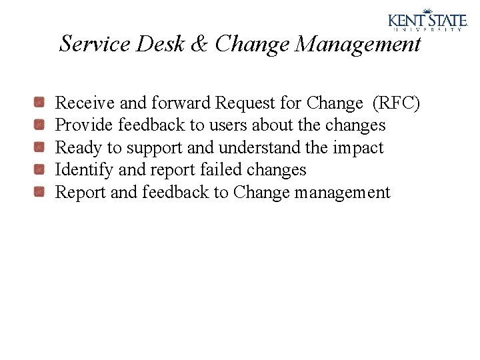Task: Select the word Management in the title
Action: point(358,44)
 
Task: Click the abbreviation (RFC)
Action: point(396,103)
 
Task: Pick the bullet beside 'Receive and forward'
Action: point(40,103)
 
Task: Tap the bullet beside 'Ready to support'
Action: point(40,147)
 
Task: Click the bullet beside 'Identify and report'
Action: point(40,170)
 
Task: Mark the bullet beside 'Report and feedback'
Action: point(40,193)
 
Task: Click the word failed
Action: point(223,170)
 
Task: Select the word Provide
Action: point(84,125)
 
